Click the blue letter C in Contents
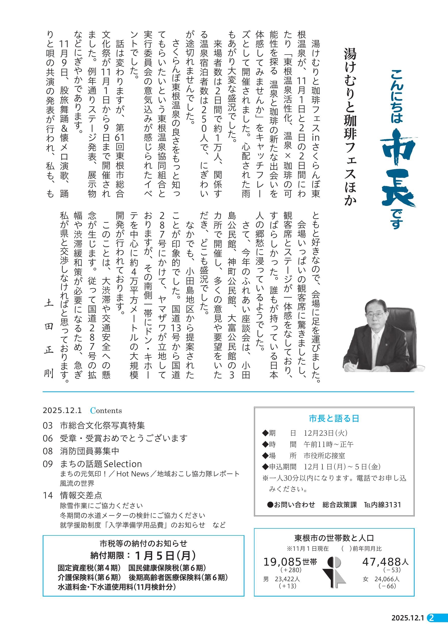pos(93,411)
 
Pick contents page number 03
pos(47,425)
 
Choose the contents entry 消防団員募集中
pos(90,451)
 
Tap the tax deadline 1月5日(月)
pos(165,555)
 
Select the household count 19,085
pos(282,562)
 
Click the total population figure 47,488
pos(381,562)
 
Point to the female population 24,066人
pos(387,579)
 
